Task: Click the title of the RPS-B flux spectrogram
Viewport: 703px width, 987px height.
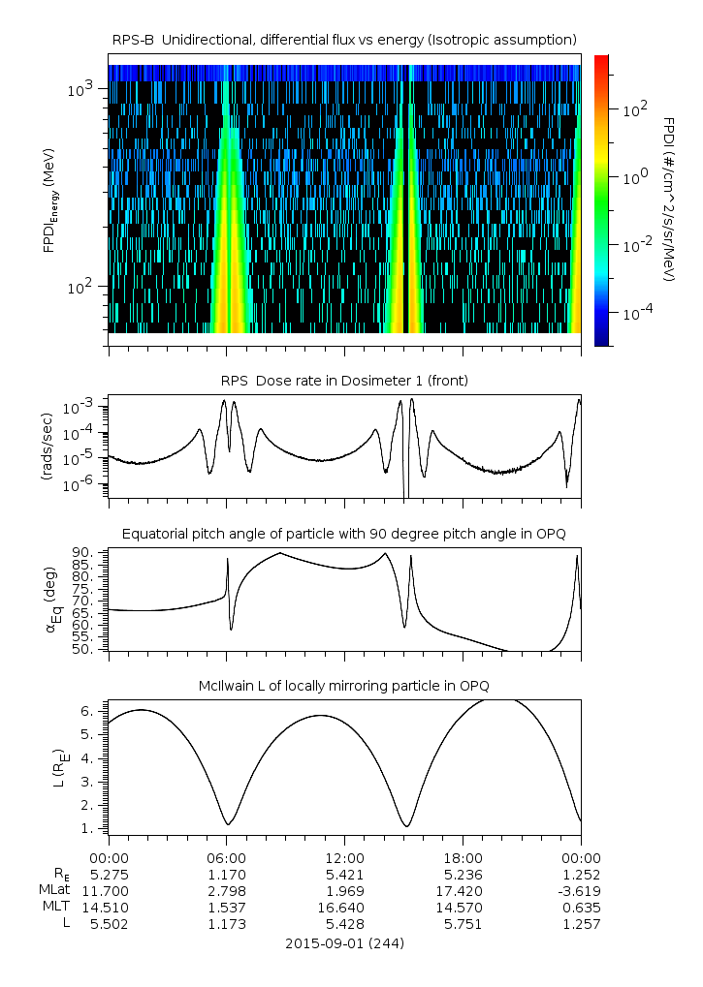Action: pos(344,39)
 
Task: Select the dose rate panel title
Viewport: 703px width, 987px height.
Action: pos(344,381)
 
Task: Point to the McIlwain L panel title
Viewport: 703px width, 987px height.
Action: pos(344,686)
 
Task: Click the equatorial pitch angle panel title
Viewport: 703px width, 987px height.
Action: pos(344,534)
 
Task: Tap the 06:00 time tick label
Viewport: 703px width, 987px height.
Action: pos(226,858)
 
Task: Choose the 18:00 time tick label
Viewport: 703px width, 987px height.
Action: pos(463,858)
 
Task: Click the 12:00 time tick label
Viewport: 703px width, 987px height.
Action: pos(344,858)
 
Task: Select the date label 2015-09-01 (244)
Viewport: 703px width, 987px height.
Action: pos(344,942)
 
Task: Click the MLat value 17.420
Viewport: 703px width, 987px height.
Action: pos(463,891)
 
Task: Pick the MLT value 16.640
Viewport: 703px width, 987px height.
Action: pos(344,908)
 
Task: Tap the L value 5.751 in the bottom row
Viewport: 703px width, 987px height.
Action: pos(463,924)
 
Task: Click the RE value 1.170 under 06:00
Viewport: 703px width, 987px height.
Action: pos(226,875)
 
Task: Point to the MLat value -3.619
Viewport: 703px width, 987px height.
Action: pos(579,891)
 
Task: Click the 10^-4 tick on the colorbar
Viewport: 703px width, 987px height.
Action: pos(635,314)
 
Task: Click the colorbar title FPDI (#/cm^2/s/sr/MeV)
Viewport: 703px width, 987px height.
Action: pos(670,199)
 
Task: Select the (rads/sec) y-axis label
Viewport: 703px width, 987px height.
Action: pos(46,446)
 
